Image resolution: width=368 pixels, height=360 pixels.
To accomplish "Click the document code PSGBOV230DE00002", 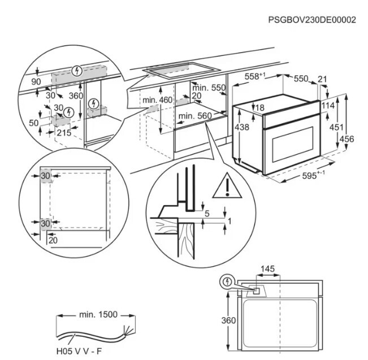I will [x=312, y=20].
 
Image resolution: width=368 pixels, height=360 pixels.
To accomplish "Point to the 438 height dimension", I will [x=241, y=128].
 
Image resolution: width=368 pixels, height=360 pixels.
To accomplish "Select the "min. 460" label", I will [x=157, y=100].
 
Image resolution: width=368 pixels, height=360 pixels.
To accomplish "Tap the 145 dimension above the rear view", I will [x=269, y=269].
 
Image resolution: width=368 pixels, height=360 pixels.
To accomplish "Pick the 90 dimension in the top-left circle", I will [x=37, y=83].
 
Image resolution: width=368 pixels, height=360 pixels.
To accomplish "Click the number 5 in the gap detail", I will [x=207, y=214].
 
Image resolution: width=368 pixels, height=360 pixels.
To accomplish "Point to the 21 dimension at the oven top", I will [x=323, y=79].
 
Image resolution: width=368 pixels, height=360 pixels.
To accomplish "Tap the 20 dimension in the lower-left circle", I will [x=53, y=240].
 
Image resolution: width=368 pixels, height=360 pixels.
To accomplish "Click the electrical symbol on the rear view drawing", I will [x=227, y=281].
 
